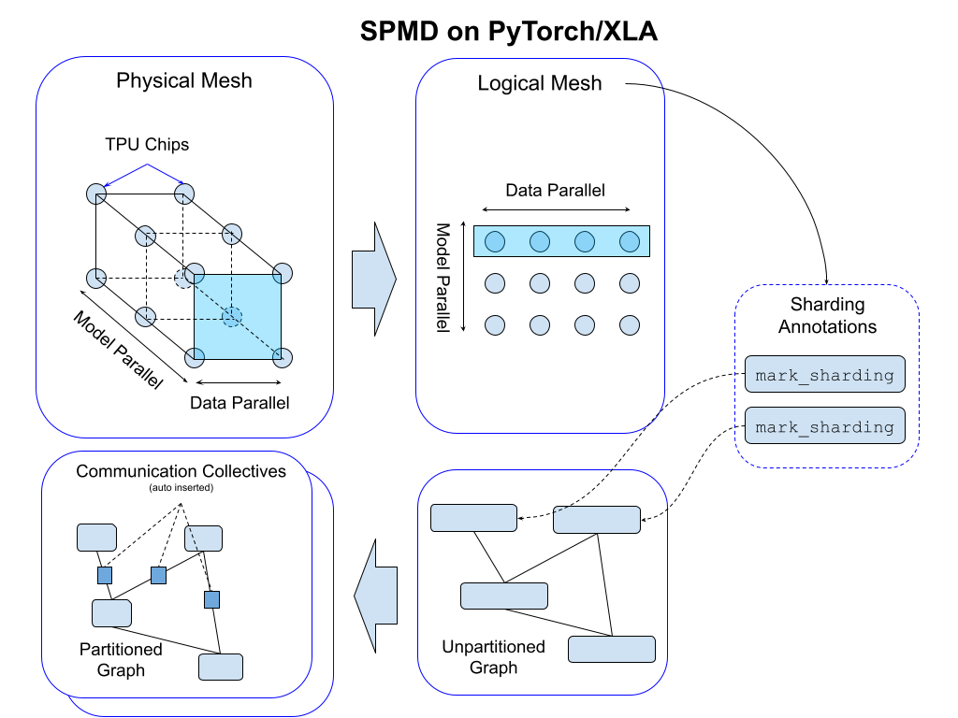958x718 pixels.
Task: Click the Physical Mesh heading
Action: click(x=184, y=80)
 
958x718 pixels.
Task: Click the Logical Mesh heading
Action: click(x=540, y=83)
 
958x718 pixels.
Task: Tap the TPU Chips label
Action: click(x=146, y=144)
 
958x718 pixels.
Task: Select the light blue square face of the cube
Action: click(x=238, y=317)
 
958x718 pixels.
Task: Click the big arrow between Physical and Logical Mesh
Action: click(x=374, y=279)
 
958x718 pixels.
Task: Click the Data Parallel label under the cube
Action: click(x=239, y=403)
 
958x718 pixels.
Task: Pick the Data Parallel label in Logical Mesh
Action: click(x=555, y=190)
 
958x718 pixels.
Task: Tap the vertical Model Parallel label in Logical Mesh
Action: click(x=443, y=277)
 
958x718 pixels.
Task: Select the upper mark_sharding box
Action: click(x=824, y=375)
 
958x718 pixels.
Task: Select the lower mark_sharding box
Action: click(x=824, y=426)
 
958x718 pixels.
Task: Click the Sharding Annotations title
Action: click(x=827, y=315)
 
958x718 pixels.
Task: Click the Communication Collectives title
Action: click(x=181, y=471)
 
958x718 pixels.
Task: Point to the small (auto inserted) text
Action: click(x=181, y=488)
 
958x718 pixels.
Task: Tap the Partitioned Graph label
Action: click(x=121, y=659)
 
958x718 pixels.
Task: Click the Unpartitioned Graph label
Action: click(x=493, y=656)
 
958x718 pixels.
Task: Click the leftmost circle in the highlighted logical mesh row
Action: click(x=495, y=242)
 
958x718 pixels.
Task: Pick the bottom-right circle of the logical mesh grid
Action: click(x=630, y=325)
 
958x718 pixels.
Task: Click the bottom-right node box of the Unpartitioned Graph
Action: click(x=612, y=649)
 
